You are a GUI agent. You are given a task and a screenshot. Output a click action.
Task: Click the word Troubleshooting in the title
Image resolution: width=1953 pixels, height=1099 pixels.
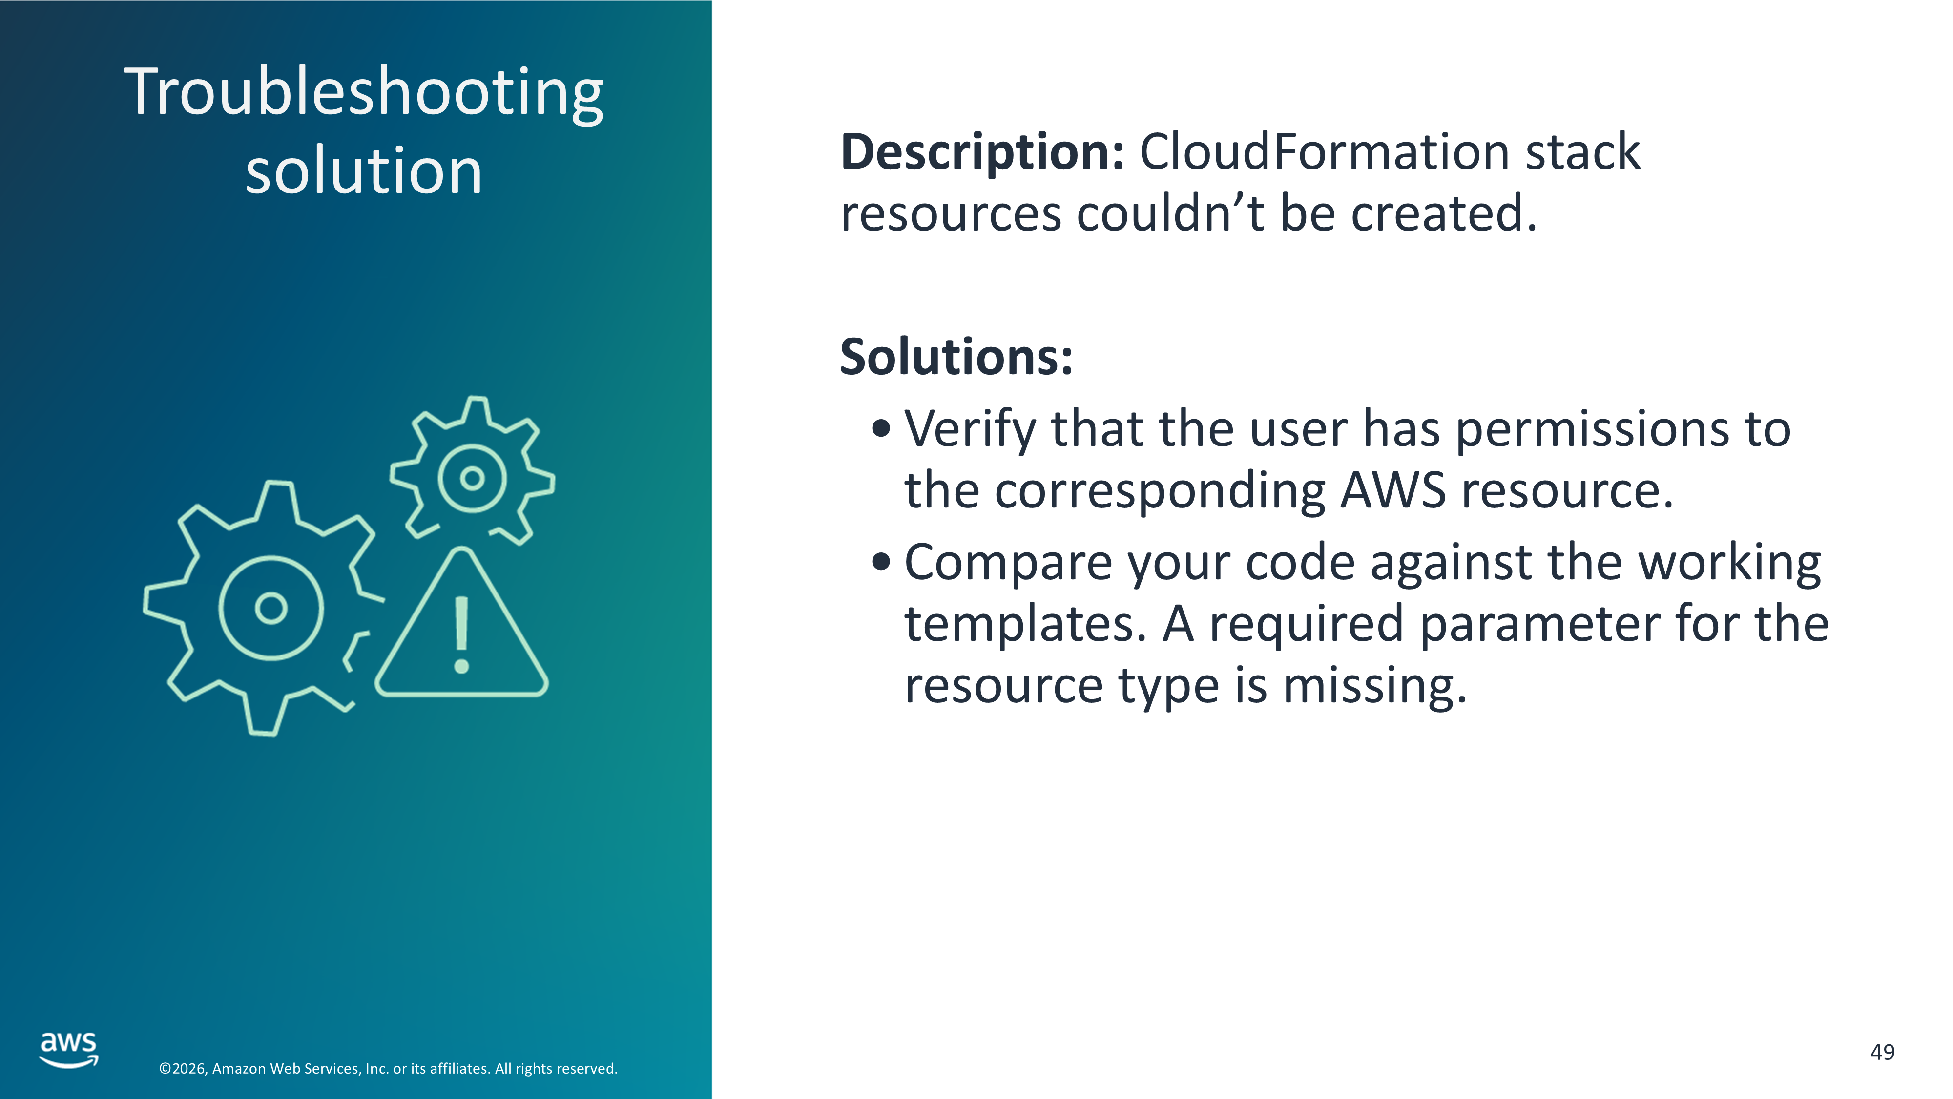[x=364, y=92]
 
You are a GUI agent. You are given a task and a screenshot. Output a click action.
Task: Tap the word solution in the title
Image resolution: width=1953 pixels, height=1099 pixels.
[x=364, y=170]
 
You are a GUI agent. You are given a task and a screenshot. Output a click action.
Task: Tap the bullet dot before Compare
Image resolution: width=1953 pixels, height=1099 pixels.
[x=881, y=563]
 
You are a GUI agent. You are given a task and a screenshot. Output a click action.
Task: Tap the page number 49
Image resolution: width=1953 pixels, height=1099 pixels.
[x=1883, y=1052]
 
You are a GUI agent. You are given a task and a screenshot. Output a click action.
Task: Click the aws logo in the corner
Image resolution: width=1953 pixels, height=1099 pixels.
[x=69, y=1050]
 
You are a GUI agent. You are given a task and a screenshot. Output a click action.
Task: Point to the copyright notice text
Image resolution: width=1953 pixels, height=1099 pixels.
[x=388, y=1069]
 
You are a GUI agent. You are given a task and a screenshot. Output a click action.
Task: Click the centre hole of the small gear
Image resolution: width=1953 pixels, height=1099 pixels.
[x=472, y=478]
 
